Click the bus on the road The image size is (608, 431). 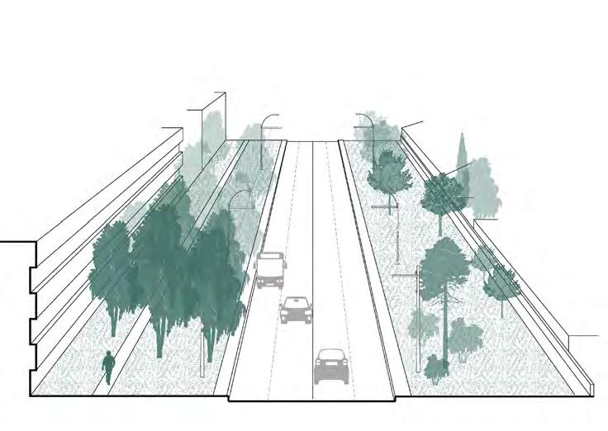270,270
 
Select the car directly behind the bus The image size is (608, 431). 295,310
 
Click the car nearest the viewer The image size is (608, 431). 330,366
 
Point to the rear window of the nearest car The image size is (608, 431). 330,358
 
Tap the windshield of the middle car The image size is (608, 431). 295,304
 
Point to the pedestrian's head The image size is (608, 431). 108,354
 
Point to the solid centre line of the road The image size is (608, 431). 313,248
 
